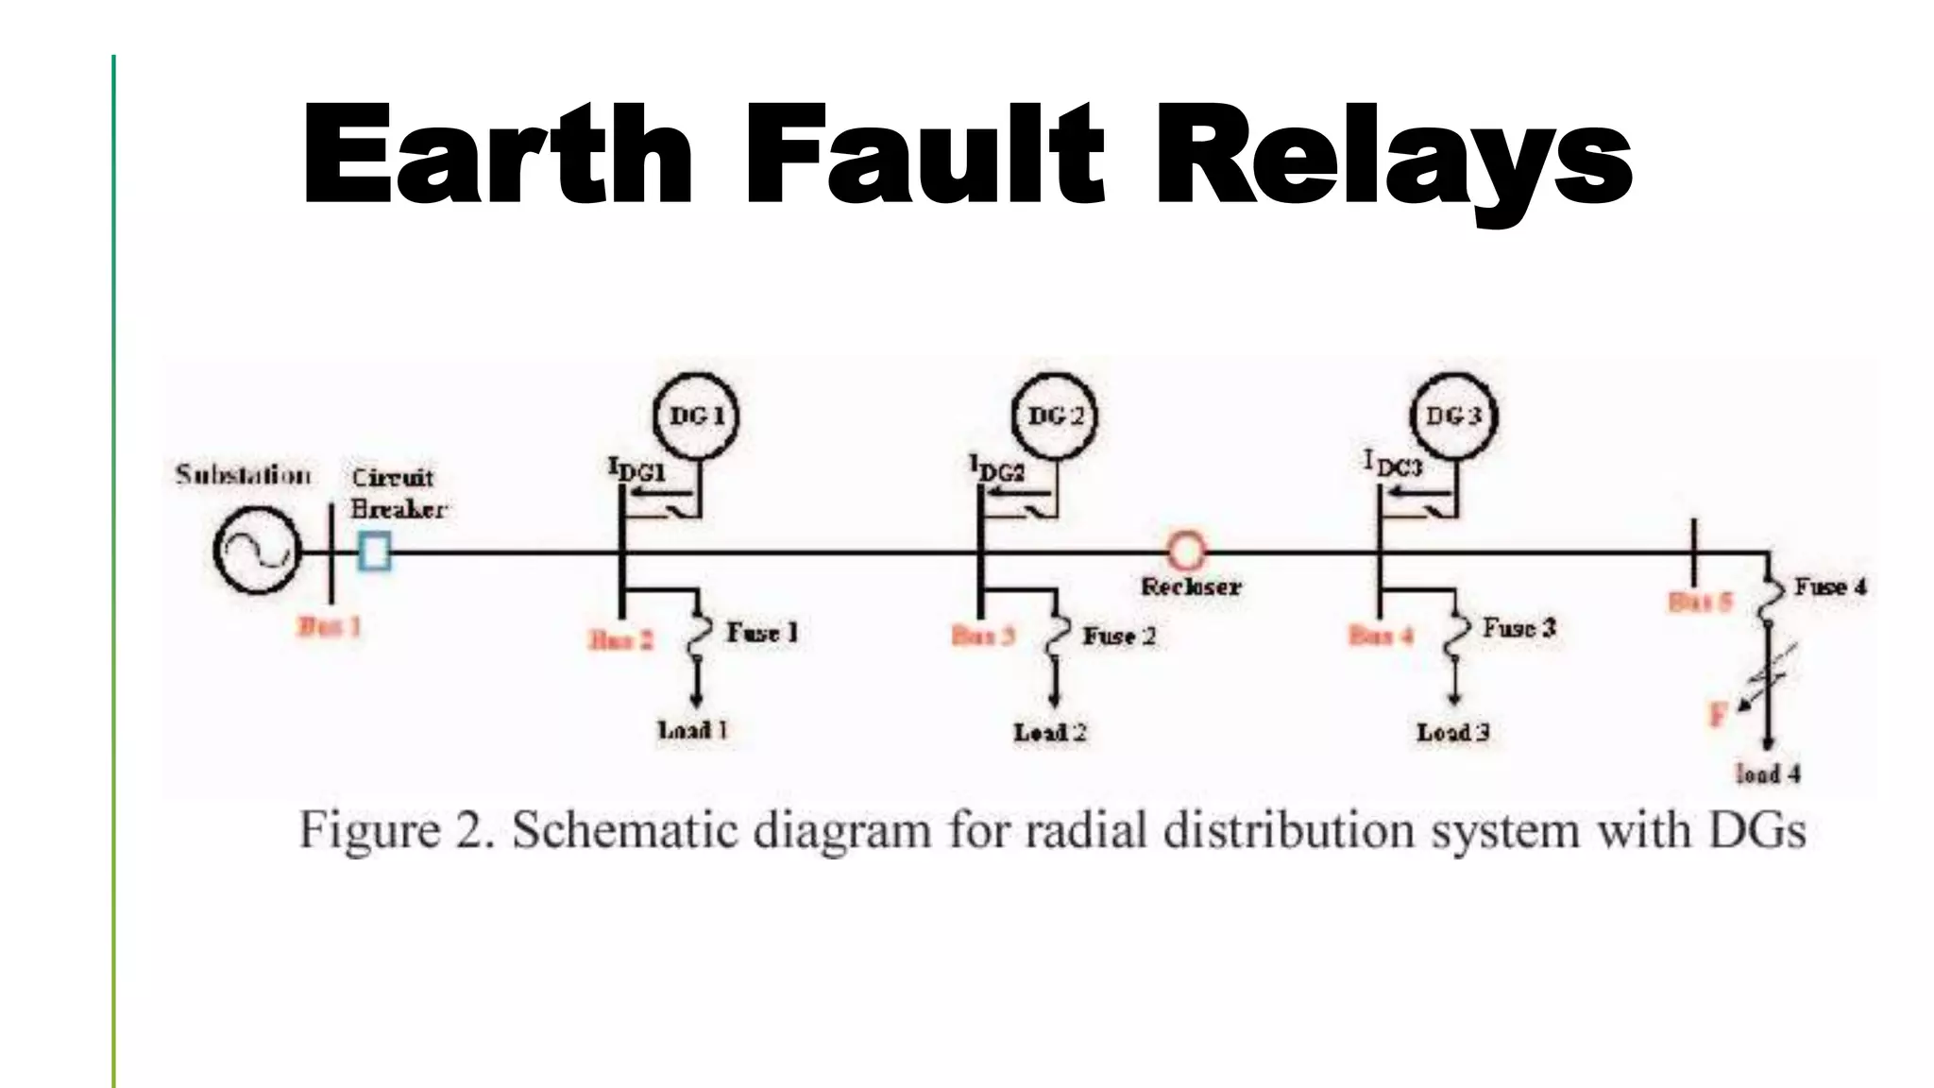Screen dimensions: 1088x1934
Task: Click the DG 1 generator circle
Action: (x=696, y=416)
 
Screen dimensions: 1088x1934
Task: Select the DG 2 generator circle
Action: (x=1055, y=416)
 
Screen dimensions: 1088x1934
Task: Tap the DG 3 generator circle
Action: (x=1453, y=416)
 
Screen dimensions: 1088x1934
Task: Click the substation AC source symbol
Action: (x=255, y=552)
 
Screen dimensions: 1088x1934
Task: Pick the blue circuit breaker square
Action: (x=375, y=551)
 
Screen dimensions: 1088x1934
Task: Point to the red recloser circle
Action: (x=1186, y=550)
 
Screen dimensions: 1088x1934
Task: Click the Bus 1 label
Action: (x=330, y=627)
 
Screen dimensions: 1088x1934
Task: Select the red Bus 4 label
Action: (x=1382, y=636)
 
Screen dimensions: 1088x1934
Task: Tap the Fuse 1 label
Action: (x=761, y=633)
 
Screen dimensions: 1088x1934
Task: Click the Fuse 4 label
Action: (x=1829, y=587)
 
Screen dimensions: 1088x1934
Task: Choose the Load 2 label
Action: (x=1050, y=733)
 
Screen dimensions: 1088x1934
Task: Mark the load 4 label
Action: (x=1768, y=774)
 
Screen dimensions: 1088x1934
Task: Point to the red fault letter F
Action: (x=1717, y=715)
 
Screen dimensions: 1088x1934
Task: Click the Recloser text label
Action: (x=1191, y=587)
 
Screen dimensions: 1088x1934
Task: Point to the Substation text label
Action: (x=243, y=475)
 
